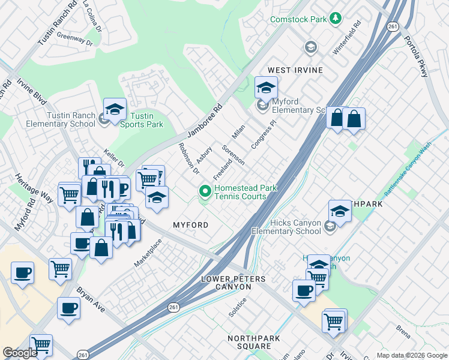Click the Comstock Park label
tap(298, 19)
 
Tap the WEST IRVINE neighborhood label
tap(295, 70)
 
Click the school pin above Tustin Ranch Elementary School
tap(115, 109)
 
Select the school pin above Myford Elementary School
tap(265, 88)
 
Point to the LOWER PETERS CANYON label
tap(234, 283)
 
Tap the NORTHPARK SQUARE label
tap(258, 343)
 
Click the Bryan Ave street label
tap(90, 299)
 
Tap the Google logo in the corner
tap(20, 353)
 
